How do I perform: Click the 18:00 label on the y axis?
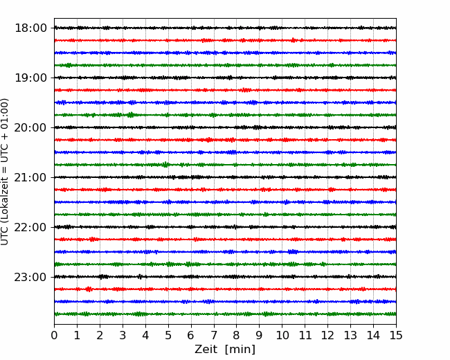click(x=30, y=28)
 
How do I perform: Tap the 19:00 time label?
click(x=30, y=78)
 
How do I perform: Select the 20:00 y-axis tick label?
click(x=30, y=127)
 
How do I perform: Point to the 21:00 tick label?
click(x=30, y=177)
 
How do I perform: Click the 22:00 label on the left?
click(x=30, y=227)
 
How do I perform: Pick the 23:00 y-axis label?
click(x=30, y=277)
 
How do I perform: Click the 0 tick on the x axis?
click(x=54, y=335)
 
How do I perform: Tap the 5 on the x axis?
click(x=168, y=335)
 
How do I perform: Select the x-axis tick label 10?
click(x=282, y=335)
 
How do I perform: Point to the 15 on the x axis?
click(x=396, y=335)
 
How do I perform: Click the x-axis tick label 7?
click(x=214, y=335)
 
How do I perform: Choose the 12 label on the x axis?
click(x=327, y=335)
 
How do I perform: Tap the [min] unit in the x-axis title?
click(x=240, y=350)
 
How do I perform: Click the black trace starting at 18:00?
click(x=225, y=28)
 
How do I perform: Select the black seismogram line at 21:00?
click(x=225, y=177)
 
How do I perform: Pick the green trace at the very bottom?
click(x=225, y=314)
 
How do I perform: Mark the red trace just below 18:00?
click(x=225, y=40)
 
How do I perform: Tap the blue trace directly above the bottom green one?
click(x=225, y=302)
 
